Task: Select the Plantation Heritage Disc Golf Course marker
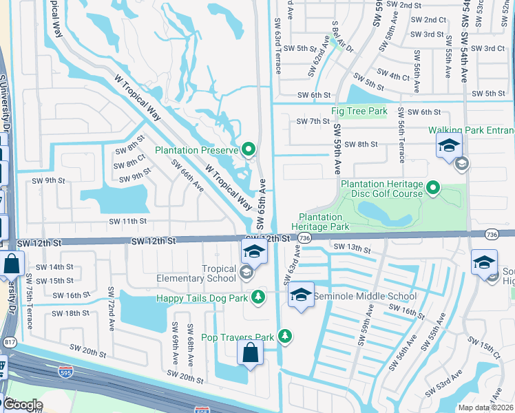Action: pos(433,187)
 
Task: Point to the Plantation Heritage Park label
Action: pos(320,221)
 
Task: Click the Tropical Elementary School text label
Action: pos(204,273)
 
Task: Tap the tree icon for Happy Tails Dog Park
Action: pos(258,297)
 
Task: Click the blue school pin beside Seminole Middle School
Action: pos(300,295)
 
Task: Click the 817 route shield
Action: pos(10,342)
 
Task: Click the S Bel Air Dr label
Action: pos(341,36)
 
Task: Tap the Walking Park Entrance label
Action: pos(471,130)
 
